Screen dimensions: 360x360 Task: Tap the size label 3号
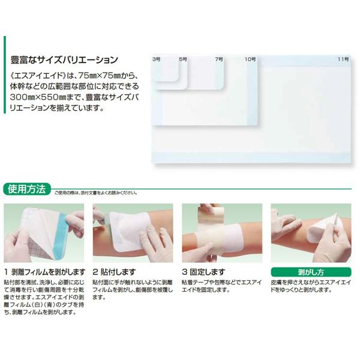(x=157, y=59)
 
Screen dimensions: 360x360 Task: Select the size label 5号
(x=183, y=59)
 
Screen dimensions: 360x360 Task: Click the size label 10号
(x=250, y=59)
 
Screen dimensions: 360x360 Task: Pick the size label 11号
(x=342, y=59)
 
